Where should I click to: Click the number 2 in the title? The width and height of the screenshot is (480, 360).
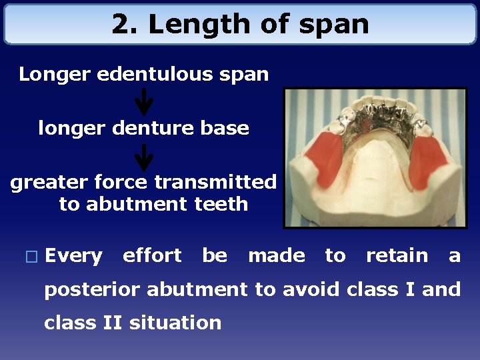tap(120, 25)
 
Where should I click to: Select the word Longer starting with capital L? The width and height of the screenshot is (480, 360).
tap(55, 74)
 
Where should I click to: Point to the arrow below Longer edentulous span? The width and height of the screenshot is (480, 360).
tap(144, 102)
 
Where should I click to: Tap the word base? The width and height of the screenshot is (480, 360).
tap(227, 127)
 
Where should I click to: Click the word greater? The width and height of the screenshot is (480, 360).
tap(44, 182)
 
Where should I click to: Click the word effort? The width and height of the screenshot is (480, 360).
tap(152, 255)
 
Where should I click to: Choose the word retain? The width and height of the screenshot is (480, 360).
tap(397, 255)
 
